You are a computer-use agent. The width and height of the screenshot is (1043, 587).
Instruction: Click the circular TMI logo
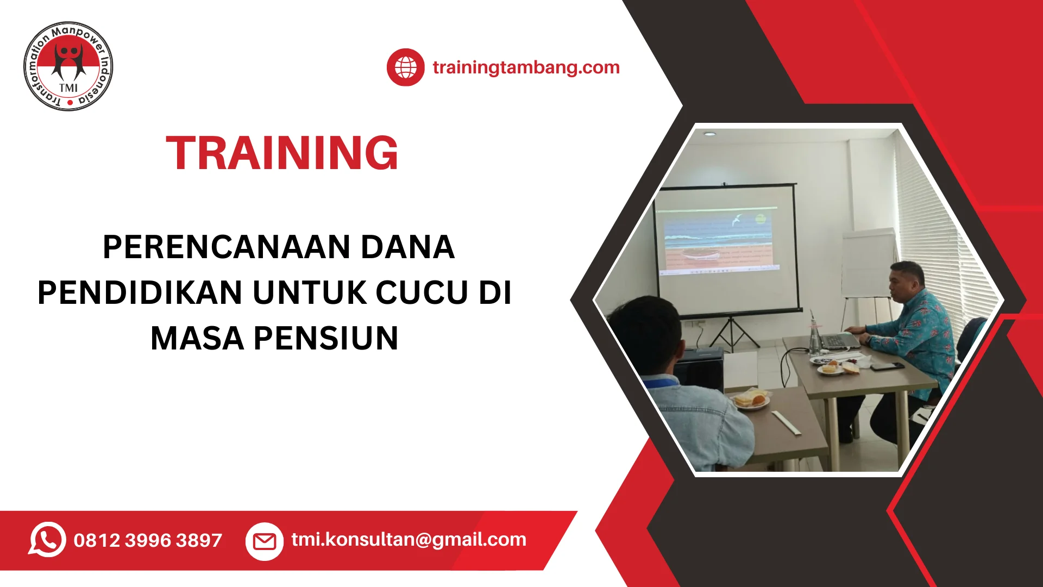click(x=68, y=66)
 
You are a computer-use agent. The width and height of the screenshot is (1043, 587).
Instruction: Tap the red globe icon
click(x=405, y=67)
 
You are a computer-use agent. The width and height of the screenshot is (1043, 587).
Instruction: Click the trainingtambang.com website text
click(x=526, y=67)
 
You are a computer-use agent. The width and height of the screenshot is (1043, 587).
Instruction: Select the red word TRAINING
click(x=282, y=153)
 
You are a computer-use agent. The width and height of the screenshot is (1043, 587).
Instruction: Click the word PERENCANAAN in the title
click(x=227, y=247)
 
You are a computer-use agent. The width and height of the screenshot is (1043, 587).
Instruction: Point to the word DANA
click(x=407, y=247)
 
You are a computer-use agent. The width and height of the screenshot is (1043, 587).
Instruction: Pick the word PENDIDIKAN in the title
click(x=140, y=292)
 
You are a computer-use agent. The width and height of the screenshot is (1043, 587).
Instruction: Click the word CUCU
click(x=422, y=292)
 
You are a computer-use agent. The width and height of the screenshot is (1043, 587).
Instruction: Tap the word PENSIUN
click(x=326, y=338)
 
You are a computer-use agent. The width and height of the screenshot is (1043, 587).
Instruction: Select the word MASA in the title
click(x=197, y=338)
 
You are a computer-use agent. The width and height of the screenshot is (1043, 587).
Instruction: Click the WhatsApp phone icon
click(x=47, y=540)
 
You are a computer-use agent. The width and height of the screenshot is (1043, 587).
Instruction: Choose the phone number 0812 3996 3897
click(x=148, y=540)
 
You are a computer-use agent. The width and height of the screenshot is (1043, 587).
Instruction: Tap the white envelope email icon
click(x=265, y=541)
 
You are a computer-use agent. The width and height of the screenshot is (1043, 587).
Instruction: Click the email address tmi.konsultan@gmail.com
click(x=409, y=539)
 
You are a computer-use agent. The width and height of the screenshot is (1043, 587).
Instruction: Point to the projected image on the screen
click(x=717, y=239)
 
